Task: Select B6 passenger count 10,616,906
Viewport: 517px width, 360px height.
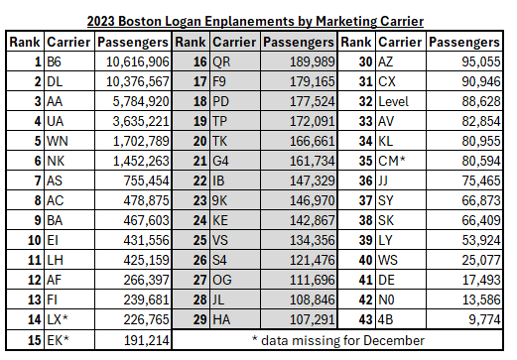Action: click(138, 61)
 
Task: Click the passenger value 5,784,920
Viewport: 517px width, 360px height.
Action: click(141, 101)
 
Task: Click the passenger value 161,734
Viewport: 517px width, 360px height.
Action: click(313, 161)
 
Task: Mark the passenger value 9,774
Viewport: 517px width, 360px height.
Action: click(484, 319)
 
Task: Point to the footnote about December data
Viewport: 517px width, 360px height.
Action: click(338, 340)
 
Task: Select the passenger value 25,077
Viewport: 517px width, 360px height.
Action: click(481, 260)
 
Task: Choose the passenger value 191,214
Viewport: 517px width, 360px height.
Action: click(147, 340)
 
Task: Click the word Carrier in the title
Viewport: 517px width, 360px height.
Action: click(402, 21)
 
